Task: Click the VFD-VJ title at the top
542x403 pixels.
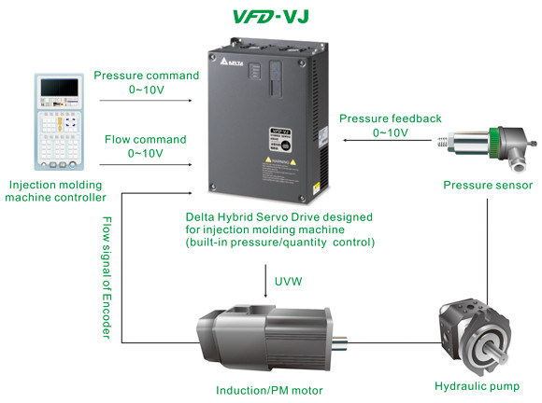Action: [x=271, y=16]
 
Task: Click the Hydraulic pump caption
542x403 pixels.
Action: [x=477, y=385]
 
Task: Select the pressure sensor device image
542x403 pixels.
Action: [x=486, y=145]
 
